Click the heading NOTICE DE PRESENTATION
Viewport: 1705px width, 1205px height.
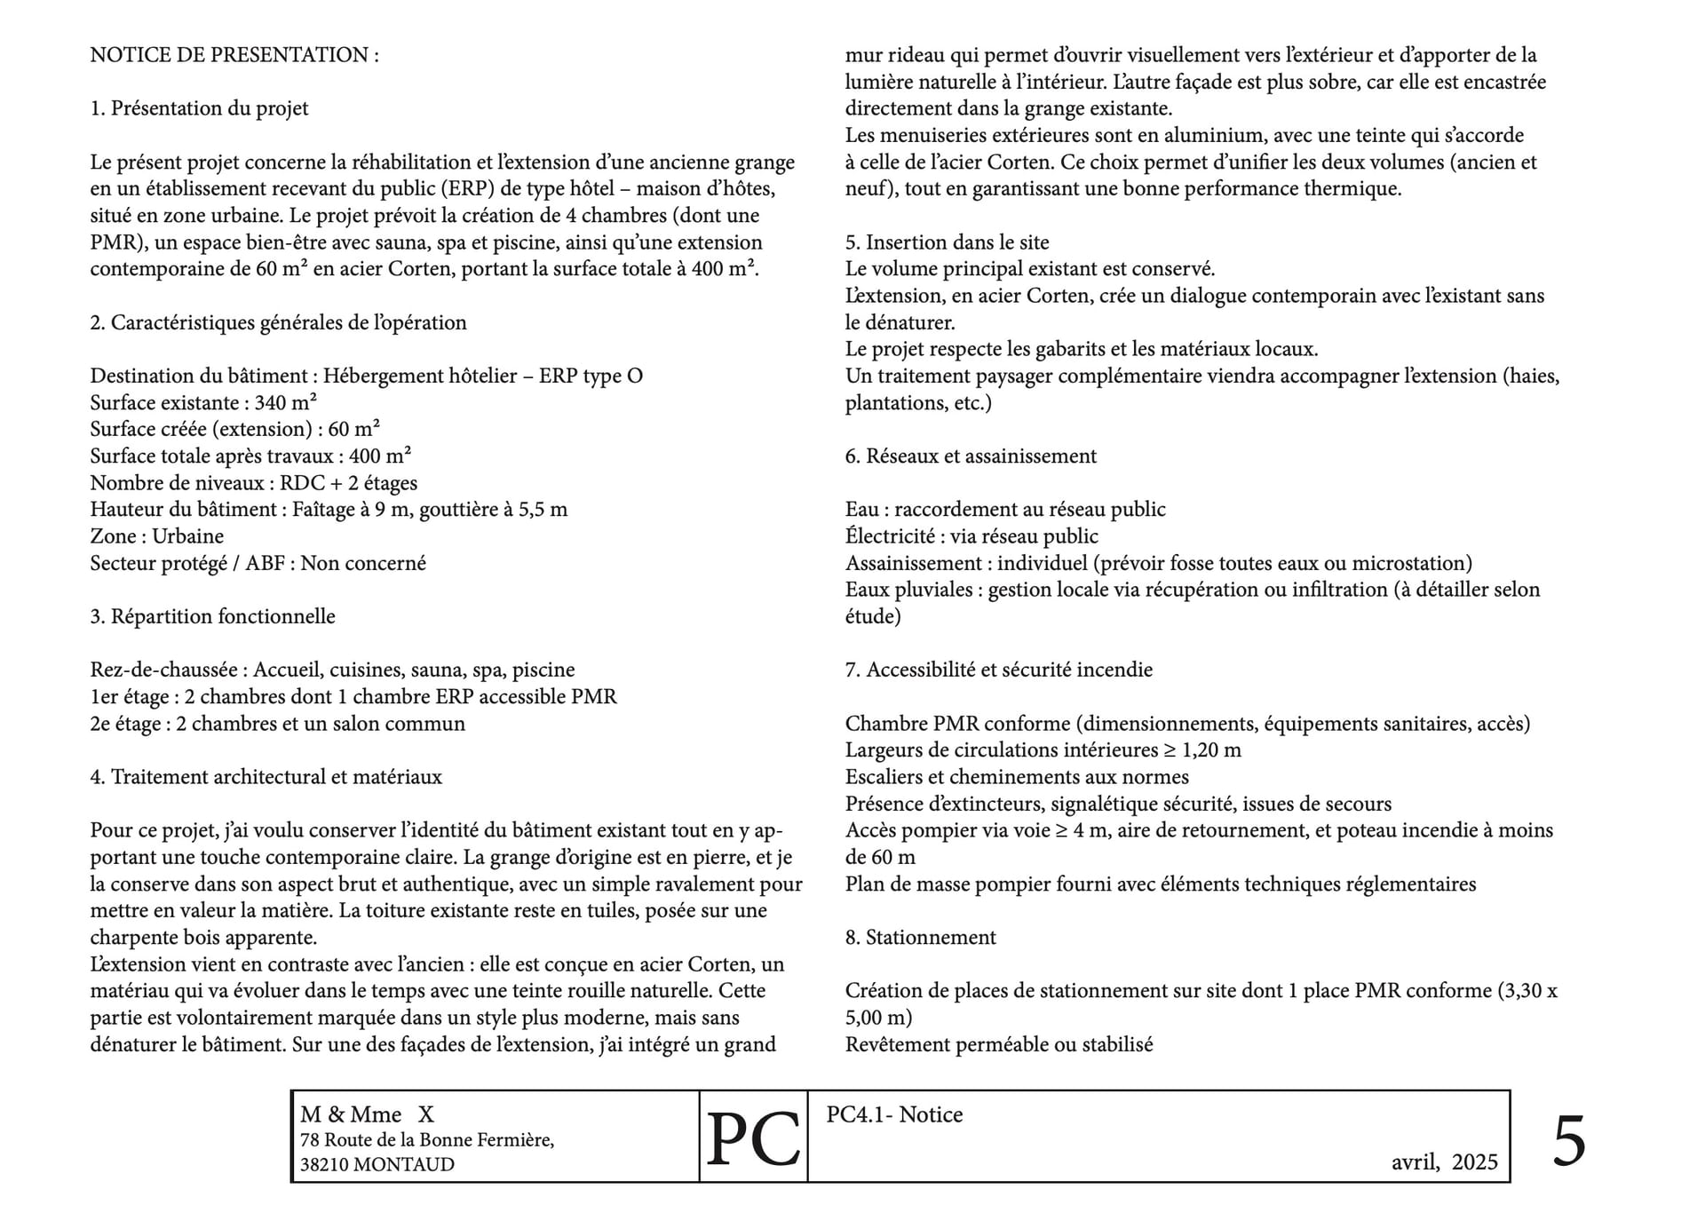pyautogui.click(x=234, y=55)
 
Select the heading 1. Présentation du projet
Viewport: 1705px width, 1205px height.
pyautogui.click(x=199, y=108)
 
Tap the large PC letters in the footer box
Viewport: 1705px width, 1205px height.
pyautogui.click(x=753, y=1140)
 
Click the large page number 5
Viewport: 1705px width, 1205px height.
pyautogui.click(x=1568, y=1142)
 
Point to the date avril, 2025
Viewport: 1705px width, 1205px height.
pyautogui.click(x=1444, y=1162)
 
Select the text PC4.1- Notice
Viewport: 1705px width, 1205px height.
pyautogui.click(x=894, y=1114)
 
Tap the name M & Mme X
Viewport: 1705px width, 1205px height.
pyautogui.click(x=367, y=1114)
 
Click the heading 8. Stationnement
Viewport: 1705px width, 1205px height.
pyautogui.click(x=920, y=937)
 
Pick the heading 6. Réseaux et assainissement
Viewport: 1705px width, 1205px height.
pyautogui.click(x=971, y=456)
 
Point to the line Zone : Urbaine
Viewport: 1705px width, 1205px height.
pyautogui.click(x=156, y=536)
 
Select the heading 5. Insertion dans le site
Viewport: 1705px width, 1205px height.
pyautogui.click(x=947, y=242)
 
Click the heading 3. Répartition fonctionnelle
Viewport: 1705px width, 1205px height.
pyautogui.click(x=212, y=616)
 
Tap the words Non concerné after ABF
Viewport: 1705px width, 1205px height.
pyautogui.click(x=363, y=563)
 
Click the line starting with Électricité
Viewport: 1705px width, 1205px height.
pyautogui.click(x=971, y=536)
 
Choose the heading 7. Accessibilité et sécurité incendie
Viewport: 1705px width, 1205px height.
pyautogui.click(x=998, y=670)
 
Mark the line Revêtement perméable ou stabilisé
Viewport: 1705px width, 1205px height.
pyautogui.click(x=999, y=1044)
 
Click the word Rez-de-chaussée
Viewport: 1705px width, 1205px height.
pyautogui.click(x=164, y=670)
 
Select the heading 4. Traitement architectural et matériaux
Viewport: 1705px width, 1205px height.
pyautogui.click(x=266, y=777)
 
